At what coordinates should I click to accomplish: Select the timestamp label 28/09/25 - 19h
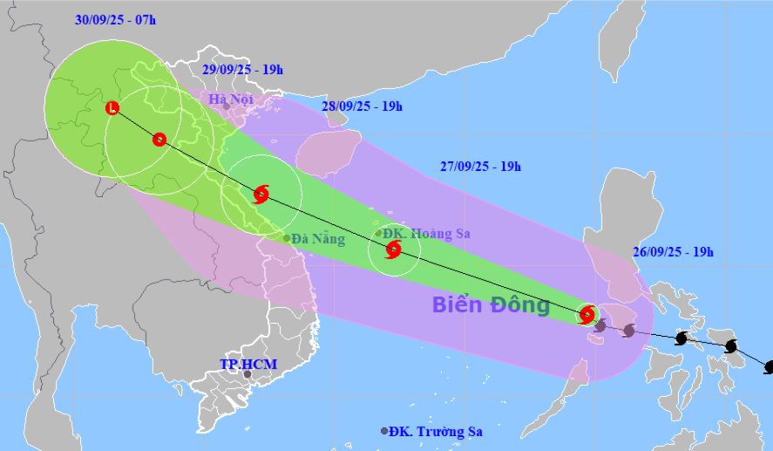(362, 106)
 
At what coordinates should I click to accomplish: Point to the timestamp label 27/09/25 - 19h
(481, 167)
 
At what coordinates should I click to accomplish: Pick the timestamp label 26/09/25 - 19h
(674, 252)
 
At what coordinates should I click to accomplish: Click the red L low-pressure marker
(112, 108)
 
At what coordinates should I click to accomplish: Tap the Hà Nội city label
(231, 99)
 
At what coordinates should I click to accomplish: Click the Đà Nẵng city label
(318, 238)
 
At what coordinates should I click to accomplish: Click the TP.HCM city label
(247, 362)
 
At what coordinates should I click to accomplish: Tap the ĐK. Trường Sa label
(436, 431)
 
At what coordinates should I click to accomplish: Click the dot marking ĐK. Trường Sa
(384, 431)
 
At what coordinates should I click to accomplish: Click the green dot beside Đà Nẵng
(286, 237)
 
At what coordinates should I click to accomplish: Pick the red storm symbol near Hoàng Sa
(393, 251)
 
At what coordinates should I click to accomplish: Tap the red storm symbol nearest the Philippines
(587, 314)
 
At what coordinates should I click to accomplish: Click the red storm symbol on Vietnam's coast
(261, 194)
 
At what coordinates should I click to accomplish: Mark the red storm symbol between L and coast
(159, 139)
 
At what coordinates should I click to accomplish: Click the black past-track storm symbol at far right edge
(769, 367)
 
